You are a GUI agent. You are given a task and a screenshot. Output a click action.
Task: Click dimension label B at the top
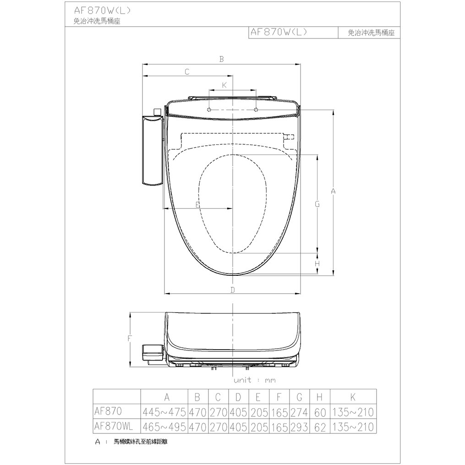tap(221, 59)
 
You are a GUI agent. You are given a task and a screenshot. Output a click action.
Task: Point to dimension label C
tap(187, 71)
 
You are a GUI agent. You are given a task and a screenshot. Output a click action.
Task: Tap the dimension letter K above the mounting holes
tap(224, 85)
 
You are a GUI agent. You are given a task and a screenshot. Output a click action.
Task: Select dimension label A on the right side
tap(334, 191)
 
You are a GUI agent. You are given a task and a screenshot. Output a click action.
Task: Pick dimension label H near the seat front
tap(317, 264)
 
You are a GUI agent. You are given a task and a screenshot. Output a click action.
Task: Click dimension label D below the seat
tap(233, 290)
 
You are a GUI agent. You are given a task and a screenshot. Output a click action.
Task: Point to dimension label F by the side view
tap(130, 339)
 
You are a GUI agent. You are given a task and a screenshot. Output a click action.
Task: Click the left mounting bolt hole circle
tap(209, 110)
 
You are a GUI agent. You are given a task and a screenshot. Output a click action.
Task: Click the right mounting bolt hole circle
tap(255, 110)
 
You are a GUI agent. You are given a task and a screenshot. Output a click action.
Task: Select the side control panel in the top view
tap(152, 151)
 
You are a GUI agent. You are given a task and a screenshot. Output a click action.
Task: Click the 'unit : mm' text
tap(255, 380)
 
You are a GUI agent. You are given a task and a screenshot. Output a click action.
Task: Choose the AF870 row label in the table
tap(108, 410)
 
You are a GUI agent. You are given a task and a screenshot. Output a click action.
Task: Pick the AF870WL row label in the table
tap(113, 426)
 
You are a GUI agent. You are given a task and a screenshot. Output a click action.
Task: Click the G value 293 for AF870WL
tap(300, 427)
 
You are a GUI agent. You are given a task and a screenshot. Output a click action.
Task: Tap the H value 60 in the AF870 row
tap(320, 411)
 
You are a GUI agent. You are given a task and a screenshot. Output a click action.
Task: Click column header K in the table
tap(353, 397)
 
